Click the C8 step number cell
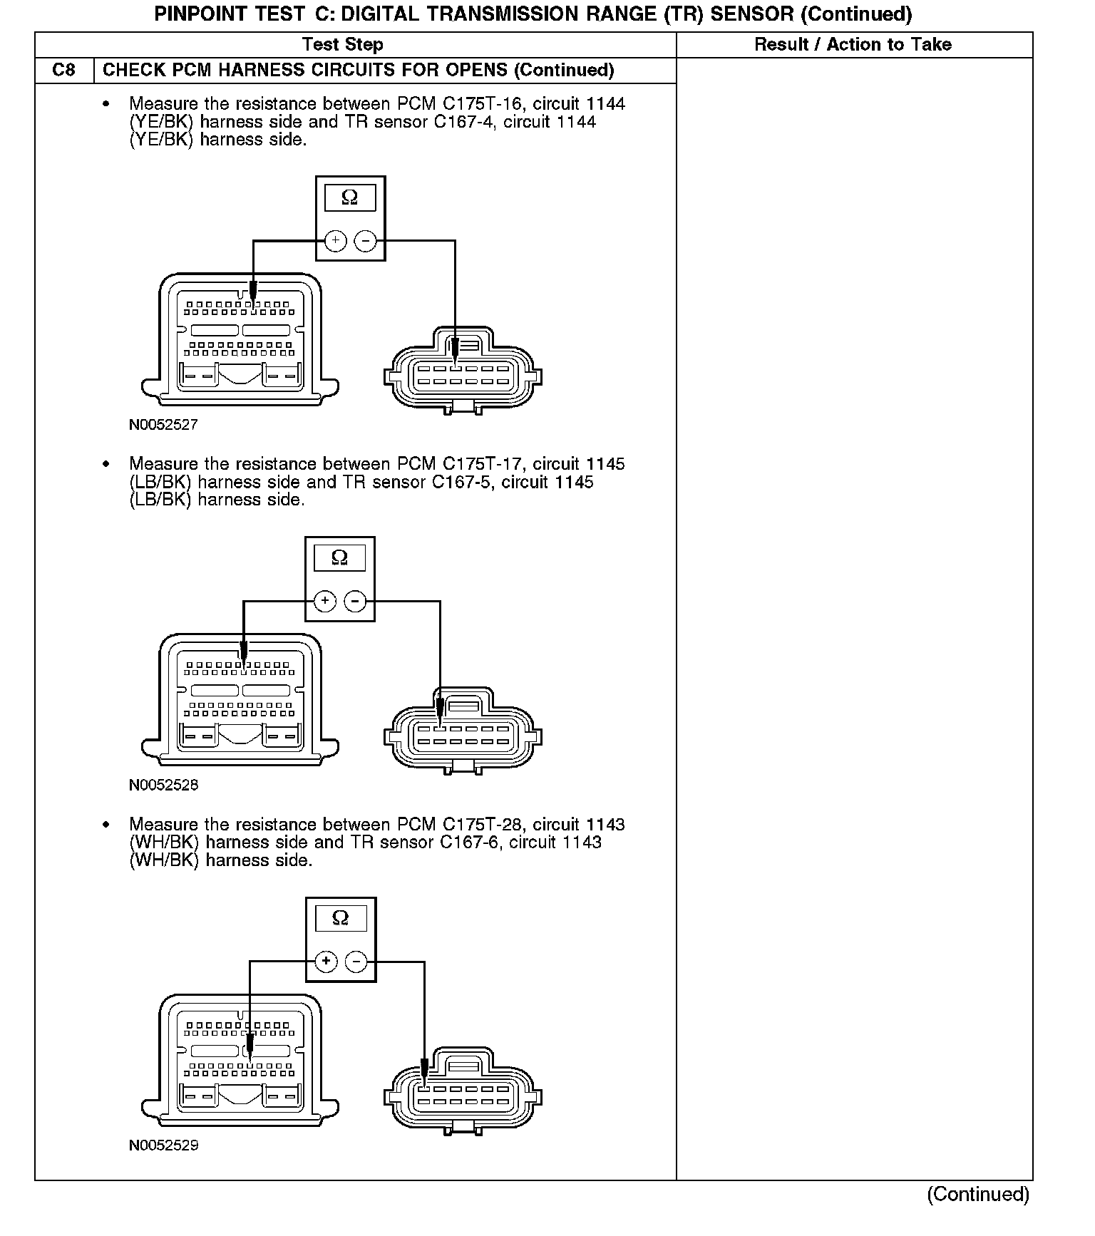64,71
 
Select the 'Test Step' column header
342,45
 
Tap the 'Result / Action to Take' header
853,45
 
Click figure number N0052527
163,425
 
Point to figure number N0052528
163,786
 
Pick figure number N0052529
163,1145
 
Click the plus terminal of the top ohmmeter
335,241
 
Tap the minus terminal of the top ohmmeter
366,241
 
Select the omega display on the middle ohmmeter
339,557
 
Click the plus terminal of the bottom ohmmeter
326,962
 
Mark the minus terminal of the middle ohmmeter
355,602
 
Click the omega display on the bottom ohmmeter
341,918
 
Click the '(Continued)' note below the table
977,1194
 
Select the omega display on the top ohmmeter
349,197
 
